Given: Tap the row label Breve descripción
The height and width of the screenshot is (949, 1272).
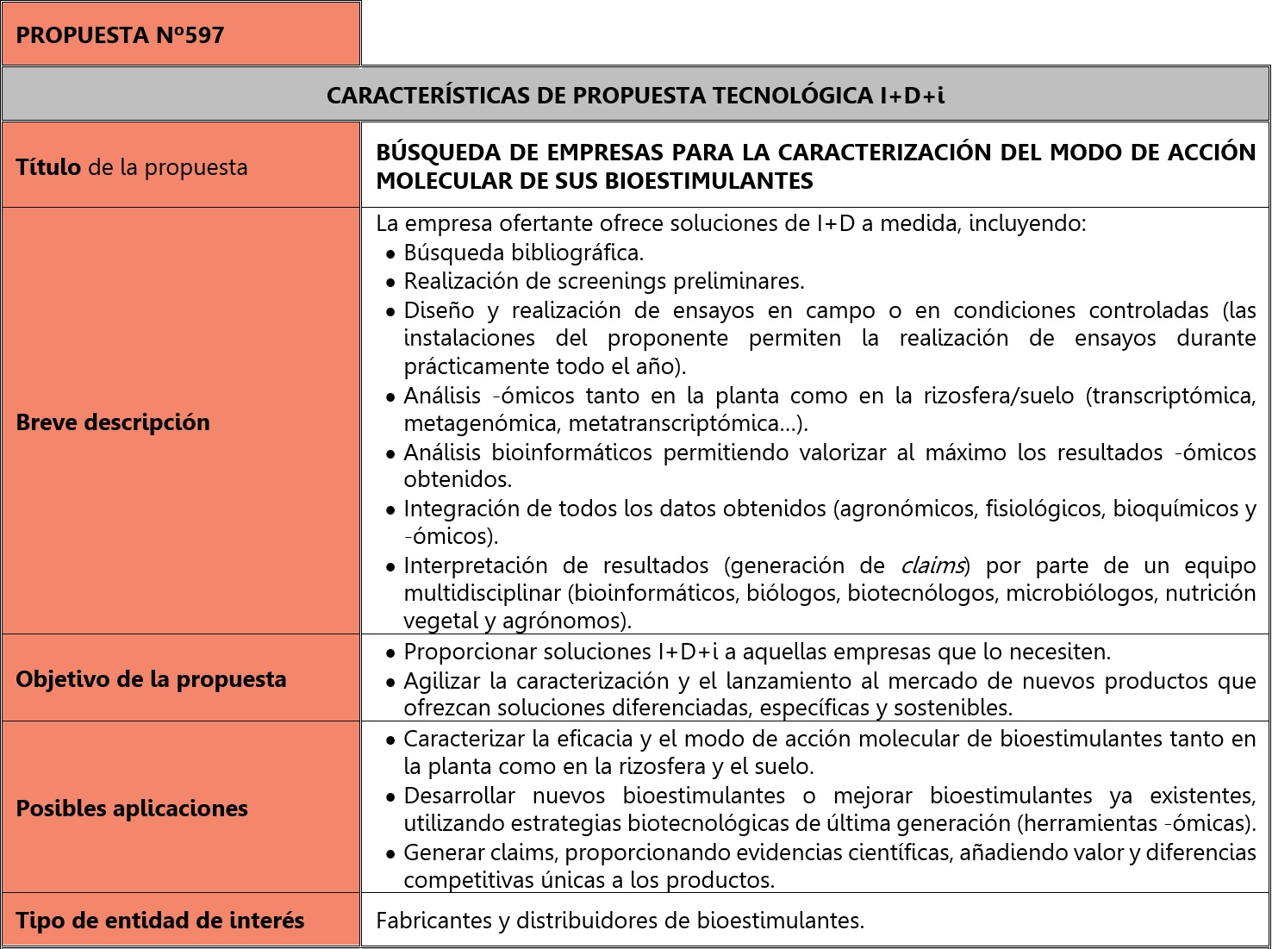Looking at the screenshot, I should coord(113,422).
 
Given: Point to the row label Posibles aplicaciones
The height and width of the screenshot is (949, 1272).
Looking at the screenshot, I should coord(132,809).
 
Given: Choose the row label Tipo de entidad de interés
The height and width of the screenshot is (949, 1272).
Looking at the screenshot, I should coord(160,921).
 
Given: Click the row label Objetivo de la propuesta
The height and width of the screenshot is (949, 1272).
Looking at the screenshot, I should coord(151,679).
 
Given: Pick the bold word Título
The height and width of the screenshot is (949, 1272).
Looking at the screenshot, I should coord(48,167).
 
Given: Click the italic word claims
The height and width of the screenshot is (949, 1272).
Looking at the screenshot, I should coord(932,565).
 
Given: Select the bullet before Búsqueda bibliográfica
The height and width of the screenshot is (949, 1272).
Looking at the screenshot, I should coord(391,254).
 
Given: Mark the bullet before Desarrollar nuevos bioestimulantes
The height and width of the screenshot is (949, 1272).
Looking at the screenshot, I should coord(391,796).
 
